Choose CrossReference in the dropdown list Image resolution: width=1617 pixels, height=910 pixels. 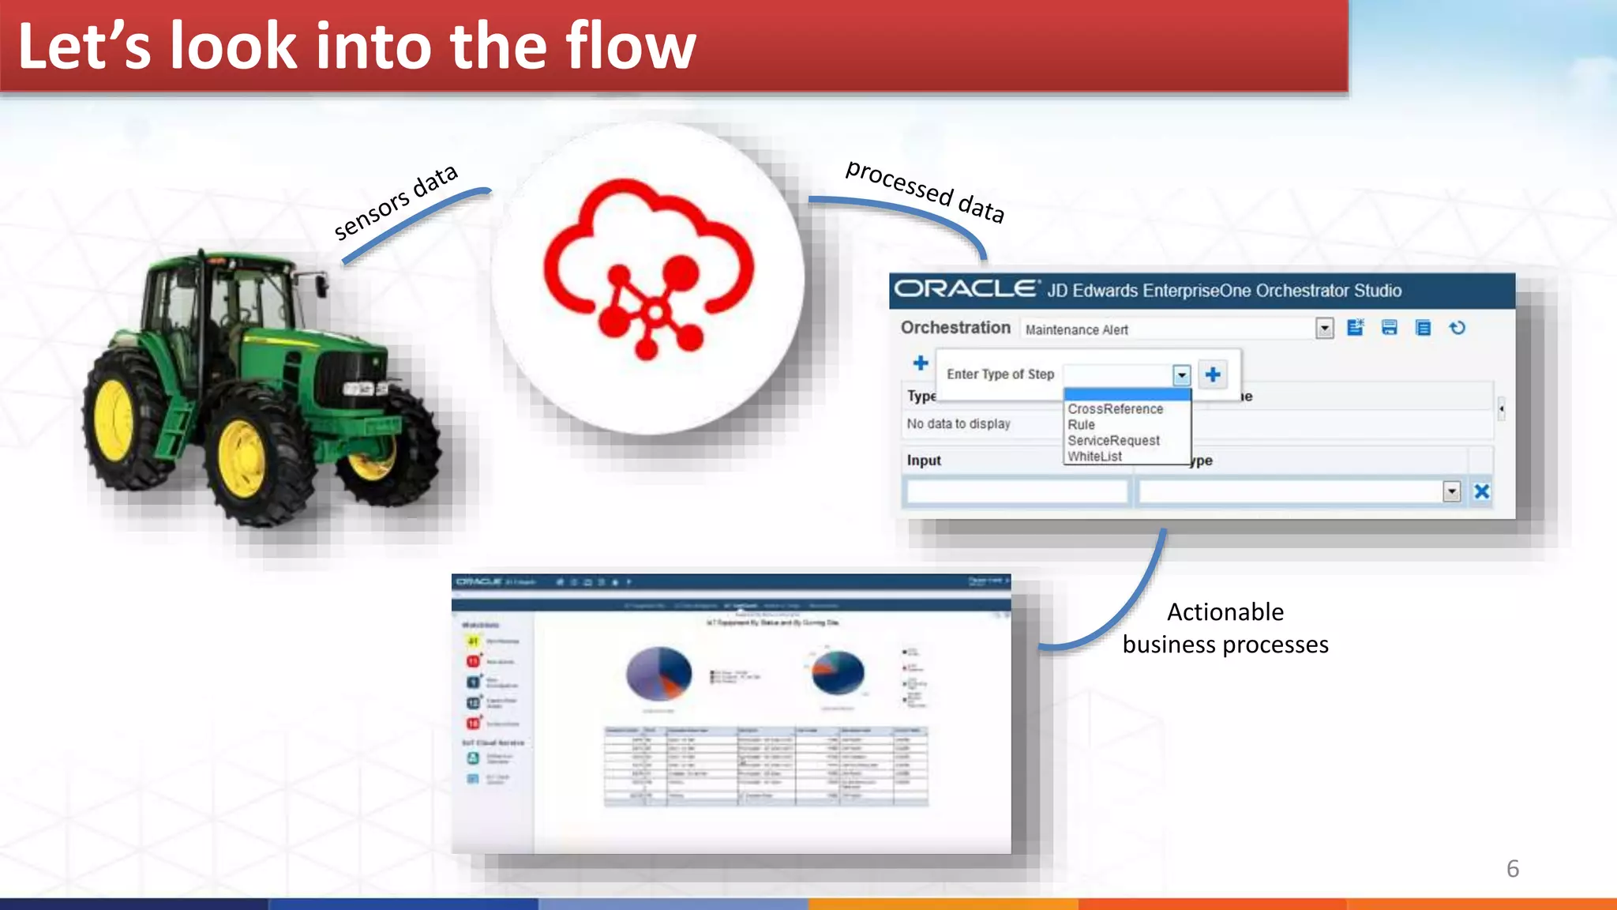(x=1115, y=409)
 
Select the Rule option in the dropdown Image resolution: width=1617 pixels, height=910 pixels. (x=1082, y=425)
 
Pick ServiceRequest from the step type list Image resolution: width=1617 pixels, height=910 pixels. (x=1113, y=441)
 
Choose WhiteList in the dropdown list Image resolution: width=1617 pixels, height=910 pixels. (x=1094, y=457)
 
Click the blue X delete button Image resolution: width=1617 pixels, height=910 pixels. (x=1481, y=491)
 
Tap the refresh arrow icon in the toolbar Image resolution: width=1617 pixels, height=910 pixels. (x=1458, y=328)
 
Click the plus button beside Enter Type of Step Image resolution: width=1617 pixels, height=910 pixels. (x=1213, y=374)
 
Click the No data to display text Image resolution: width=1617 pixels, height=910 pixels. (x=959, y=424)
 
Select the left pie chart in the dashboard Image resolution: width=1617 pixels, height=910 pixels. (x=658, y=673)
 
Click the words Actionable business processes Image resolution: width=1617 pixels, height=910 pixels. (x=1225, y=629)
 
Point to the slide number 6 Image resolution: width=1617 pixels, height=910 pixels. (x=1512, y=869)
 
